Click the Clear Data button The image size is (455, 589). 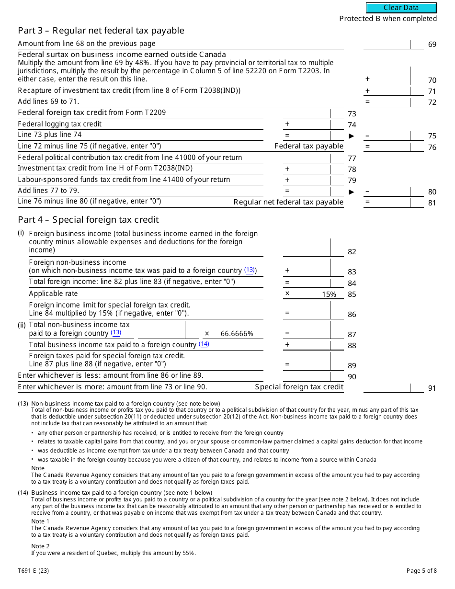coord(401,8)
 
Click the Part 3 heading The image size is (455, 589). coord(101,31)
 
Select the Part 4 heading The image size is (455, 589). coord(88,220)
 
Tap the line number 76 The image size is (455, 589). coord(432,147)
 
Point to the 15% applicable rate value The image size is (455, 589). coord(329,294)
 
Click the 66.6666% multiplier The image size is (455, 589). coord(237,334)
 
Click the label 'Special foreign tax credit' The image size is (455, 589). coord(299,387)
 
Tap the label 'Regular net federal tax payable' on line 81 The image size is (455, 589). coord(288,202)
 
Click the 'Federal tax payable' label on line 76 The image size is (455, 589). coord(308,146)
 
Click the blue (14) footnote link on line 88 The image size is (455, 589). coord(204,344)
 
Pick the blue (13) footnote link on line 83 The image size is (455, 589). coord(250,270)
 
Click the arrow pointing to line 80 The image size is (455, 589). coord(352,192)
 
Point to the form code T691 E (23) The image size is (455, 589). coord(33,570)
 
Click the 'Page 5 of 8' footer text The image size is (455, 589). coord(421,570)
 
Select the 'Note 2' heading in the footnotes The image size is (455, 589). coord(41,546)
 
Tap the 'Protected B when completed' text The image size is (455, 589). coord(388,19)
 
